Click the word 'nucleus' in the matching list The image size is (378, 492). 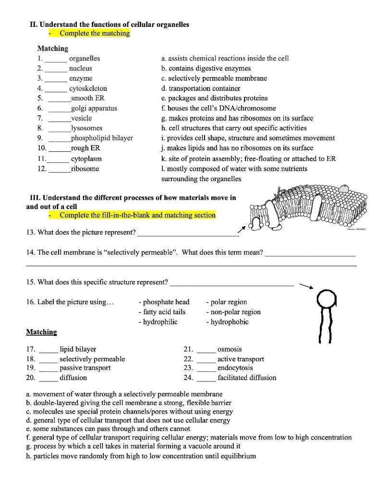[80, 68]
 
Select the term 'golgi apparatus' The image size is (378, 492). [94, 108]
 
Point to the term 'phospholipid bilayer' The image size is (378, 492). [102, 138]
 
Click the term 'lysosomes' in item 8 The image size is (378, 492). [86, 128]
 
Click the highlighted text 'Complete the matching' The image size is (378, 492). [95, 33]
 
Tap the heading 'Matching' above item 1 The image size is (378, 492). [53, 48]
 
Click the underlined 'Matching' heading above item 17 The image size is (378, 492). [41, 332]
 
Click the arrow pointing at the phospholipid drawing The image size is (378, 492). [306, 286]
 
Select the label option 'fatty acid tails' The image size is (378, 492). [161, 312]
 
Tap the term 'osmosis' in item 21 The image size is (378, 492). [230, 349]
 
